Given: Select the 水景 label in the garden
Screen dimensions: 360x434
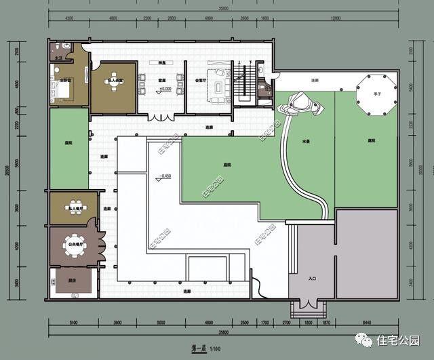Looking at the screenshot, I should [307, 142].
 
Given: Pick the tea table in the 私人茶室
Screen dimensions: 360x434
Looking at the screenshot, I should [113, 87].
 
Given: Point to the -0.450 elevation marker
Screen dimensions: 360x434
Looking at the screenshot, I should [163, 178].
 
